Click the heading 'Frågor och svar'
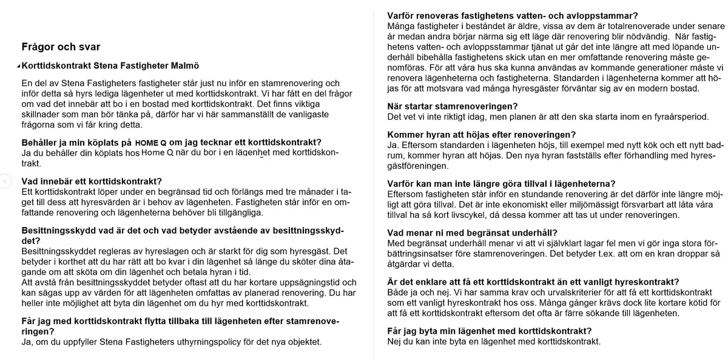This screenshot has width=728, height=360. [x=61, y=47]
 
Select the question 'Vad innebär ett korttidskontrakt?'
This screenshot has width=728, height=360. [x=92, y=181]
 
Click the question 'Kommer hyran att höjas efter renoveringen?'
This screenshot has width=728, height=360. [x=481, y=135]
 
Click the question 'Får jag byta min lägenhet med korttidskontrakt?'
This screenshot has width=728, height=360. [x=489, y=331]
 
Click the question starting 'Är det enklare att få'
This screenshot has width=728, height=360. [x=533, y=282]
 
